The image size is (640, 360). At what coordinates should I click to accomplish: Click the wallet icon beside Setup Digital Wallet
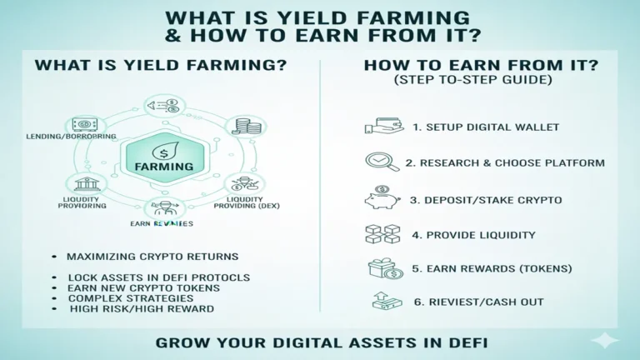point(378,127)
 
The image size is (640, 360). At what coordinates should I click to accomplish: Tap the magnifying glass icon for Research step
point(378,162)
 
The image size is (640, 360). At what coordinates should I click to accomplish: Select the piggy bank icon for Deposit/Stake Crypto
point(378,199)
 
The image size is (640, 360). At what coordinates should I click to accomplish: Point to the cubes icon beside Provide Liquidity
point(378,234)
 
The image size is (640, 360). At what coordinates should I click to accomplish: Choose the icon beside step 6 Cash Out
point(380,302)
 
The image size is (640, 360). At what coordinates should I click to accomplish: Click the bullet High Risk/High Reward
point(141,308)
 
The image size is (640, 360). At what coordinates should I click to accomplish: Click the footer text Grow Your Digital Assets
point(320,342)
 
